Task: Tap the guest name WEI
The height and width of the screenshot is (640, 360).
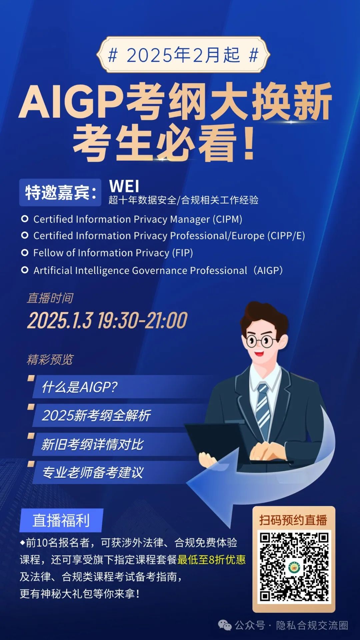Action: [x=124, y=186]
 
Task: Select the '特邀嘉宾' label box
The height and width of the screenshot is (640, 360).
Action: [x=60, y=192]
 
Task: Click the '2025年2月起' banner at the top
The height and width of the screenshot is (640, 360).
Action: [x=183, y=55]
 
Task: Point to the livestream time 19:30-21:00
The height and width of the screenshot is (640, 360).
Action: [x=143, y=320]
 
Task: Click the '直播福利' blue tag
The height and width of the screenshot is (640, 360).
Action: [x=61, y=520]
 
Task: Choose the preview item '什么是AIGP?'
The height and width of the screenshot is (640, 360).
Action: [x=79, y=387]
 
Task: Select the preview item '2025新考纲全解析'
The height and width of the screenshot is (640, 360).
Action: [x=96, y=415]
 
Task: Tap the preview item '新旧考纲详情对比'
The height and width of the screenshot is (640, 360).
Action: [x=92, y=444]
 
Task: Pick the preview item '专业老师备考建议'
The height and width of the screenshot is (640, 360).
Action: [x=93, y=472]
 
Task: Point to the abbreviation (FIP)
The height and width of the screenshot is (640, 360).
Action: [x=182, y=253]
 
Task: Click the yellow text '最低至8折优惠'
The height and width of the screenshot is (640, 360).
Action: [x=212, y=560]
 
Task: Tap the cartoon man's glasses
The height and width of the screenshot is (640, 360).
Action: [x=262, y=341]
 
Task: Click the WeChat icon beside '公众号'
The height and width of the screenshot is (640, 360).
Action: [x=225, y=625]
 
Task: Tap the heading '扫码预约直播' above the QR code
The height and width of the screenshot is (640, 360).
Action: [x=293, y=520]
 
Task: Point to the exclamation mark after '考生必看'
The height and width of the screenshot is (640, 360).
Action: [x=249, y=142]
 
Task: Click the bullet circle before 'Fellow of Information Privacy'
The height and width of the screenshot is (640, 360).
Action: [x=25, y=253]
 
